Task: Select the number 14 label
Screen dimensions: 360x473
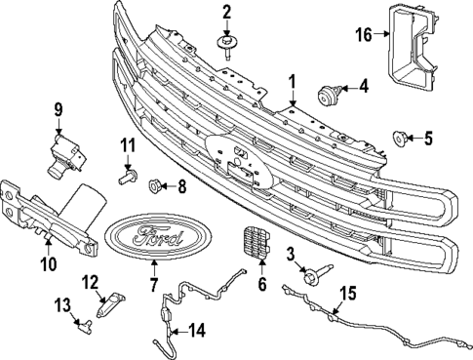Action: coord(196,331)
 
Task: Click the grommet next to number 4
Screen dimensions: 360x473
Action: coord(327,94)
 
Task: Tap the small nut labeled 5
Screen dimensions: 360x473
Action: coord(398,138)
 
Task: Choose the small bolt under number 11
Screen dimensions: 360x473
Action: coord(125,177)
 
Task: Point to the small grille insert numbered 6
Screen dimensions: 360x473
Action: coord(254,242)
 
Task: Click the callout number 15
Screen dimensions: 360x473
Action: coord(348,293)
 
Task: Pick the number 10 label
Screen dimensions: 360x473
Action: coord(48,262)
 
